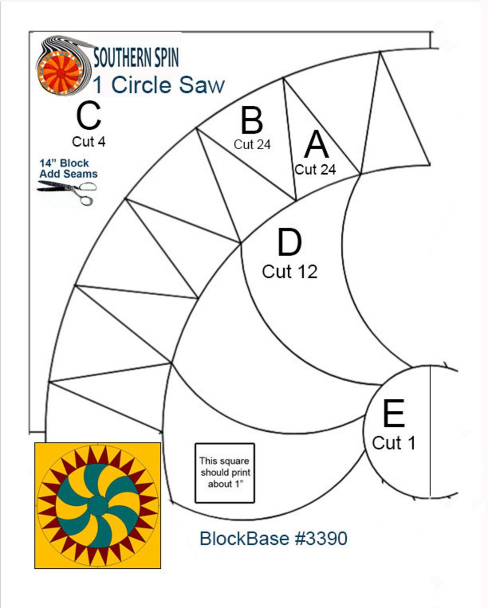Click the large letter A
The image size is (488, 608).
[316, 145]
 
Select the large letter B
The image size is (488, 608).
[252, 121]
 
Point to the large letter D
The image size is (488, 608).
[289, 242]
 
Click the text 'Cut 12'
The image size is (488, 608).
[290, 272]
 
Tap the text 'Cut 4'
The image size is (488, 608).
[89, 142]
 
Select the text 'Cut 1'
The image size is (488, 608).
[394, 443]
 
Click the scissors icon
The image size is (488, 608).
[68, 192]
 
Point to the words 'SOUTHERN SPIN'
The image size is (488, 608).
[136, 58]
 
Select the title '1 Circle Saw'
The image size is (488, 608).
[159, 85]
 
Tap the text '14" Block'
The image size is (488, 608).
[64, 163]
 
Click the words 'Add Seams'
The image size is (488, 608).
[68, 174]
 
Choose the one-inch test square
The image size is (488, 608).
[225, 473]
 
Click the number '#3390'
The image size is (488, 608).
[321, 538]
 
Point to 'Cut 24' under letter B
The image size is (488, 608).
[252, 145]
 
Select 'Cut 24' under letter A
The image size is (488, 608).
[315, 169]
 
